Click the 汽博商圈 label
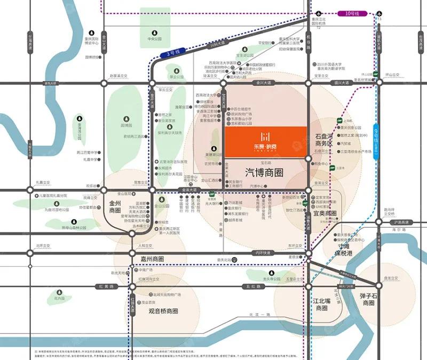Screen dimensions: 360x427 click(264, 172)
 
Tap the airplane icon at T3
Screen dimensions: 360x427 click(379, 13)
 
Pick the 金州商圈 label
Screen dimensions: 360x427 click(116, 206)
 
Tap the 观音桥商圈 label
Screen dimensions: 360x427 click(163, 310)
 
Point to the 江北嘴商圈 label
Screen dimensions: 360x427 click(321, 305)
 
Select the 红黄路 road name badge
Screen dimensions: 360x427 click(106, 286)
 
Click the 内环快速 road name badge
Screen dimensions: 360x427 click(262, 252)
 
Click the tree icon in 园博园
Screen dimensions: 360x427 click(126, 118)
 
